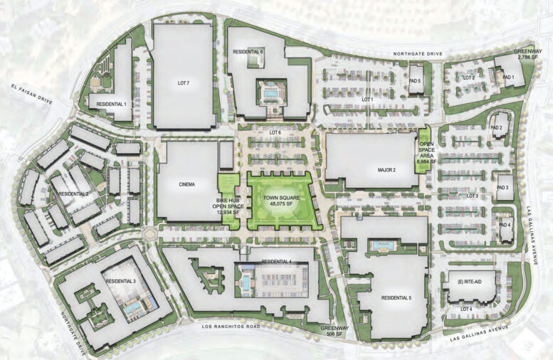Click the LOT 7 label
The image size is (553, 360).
tap(184, 83)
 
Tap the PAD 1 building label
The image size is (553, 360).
tap(508, 77)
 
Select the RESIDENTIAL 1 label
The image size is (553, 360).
tap(107, 104)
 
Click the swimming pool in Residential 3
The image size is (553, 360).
tap(132, 309)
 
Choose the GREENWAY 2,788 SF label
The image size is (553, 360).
tap(530, 55)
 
